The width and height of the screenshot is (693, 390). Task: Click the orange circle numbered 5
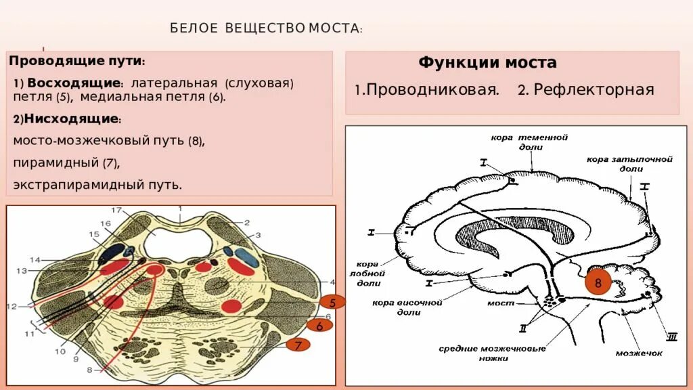333,303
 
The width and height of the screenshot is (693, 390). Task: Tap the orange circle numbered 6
319,326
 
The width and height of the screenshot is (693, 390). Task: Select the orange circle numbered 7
297,345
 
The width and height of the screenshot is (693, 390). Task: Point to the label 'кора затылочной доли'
629,164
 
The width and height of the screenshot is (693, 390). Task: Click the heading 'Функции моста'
487,63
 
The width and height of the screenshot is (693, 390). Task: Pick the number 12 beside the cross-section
12,307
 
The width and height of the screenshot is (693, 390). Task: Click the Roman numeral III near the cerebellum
672,337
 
